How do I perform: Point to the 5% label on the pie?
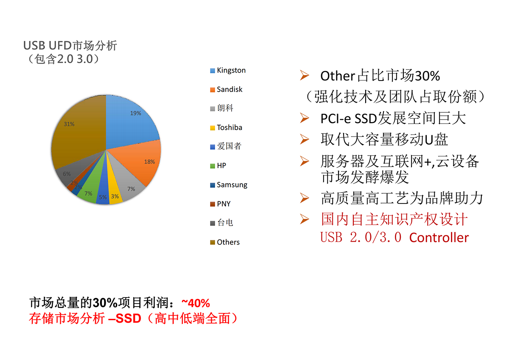[103, 197]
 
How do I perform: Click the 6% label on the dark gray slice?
[67, 174]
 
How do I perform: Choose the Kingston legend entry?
[228, 70]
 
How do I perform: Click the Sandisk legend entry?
[227, 89]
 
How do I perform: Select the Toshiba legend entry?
[226, 128]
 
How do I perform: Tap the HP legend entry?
[218, 166]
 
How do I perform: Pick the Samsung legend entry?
[229, 185]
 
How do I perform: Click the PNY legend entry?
[220, 204]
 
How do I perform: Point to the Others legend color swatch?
[213, 243]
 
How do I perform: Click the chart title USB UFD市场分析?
[70, 45]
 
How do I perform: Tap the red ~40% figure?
[196, 303]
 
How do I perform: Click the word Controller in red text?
[439, 238]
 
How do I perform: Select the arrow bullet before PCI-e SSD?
[304, 118]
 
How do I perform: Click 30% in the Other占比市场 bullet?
[428, 76]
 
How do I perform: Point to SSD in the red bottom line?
[129, 318]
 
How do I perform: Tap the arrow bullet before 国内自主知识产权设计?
[304, 219]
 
